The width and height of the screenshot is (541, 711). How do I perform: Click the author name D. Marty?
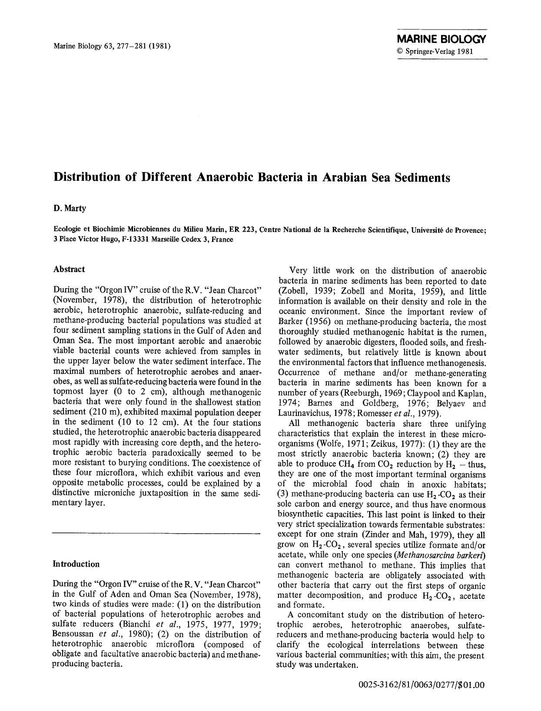click(70, 208)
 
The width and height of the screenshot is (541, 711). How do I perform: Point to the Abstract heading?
click(69, 269)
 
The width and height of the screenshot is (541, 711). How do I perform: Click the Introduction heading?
click(76, 564)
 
